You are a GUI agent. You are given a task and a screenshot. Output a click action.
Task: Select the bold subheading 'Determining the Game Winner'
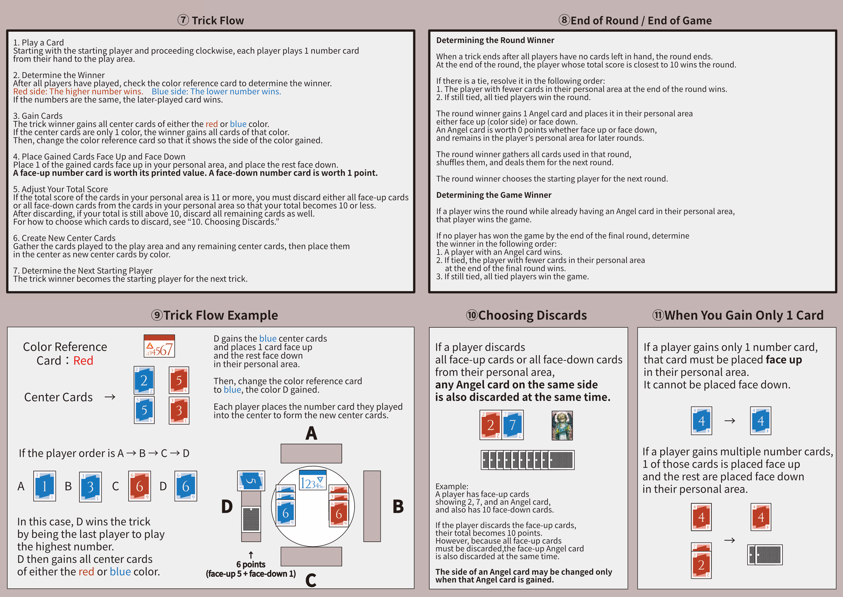tap(493, 195)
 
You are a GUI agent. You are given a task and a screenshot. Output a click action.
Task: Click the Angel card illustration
tap(562, 425)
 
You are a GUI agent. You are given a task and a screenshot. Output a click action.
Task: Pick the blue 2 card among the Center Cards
tap(144, 380)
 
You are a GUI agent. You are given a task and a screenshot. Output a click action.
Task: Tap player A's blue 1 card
tap(44, 486)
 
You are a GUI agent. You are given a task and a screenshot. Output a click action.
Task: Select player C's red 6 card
tap(139, 486)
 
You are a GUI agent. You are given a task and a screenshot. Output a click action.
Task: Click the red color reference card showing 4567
tap(159, 346)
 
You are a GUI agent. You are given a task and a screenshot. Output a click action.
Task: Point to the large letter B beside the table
tap(398, 506)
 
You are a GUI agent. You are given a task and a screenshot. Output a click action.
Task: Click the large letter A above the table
tap(311, 433)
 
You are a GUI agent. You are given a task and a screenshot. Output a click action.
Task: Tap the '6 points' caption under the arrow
tap(251, 564)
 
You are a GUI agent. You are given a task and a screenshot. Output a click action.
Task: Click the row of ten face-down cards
tap(527, 460)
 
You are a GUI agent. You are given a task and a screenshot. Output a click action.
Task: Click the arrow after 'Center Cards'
tap(110, 397)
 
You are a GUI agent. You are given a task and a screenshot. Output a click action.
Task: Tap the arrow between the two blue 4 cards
tap(729, 421)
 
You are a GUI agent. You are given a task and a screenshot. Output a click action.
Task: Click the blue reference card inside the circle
tap(312, 480)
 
